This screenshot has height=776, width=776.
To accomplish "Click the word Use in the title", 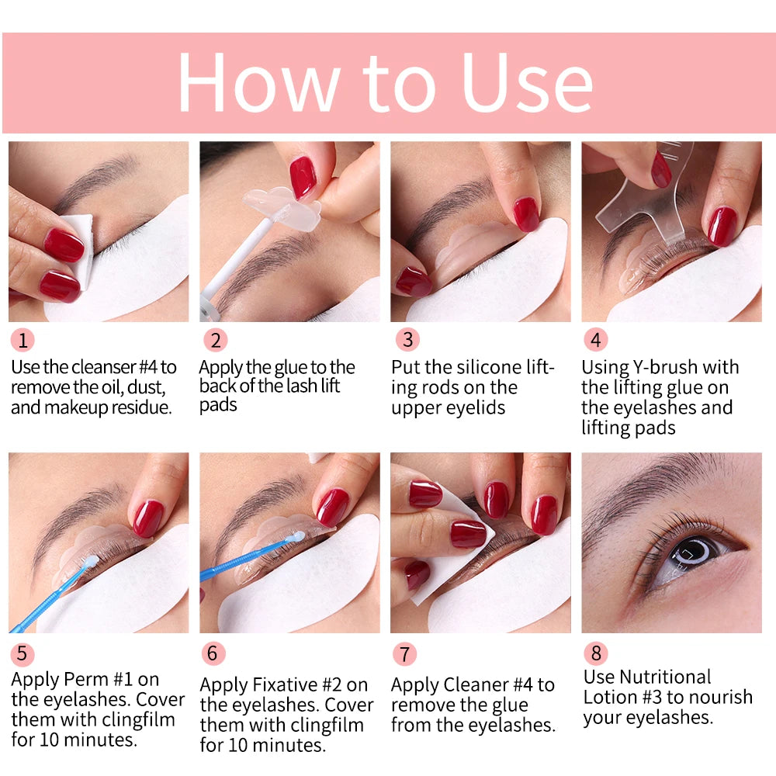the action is coord(528,83).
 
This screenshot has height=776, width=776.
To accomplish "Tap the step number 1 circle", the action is coord(23,340).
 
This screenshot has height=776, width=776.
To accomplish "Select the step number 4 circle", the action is coord(595,340).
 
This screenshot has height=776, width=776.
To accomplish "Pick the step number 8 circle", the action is coord(595,653).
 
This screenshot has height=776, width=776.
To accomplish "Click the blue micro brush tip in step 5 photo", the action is coord(90,561).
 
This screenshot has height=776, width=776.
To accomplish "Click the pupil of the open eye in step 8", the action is coord(688,553).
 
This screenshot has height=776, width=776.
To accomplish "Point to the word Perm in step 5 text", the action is coord(86,680).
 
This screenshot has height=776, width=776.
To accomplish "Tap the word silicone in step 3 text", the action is coord(473,367).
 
